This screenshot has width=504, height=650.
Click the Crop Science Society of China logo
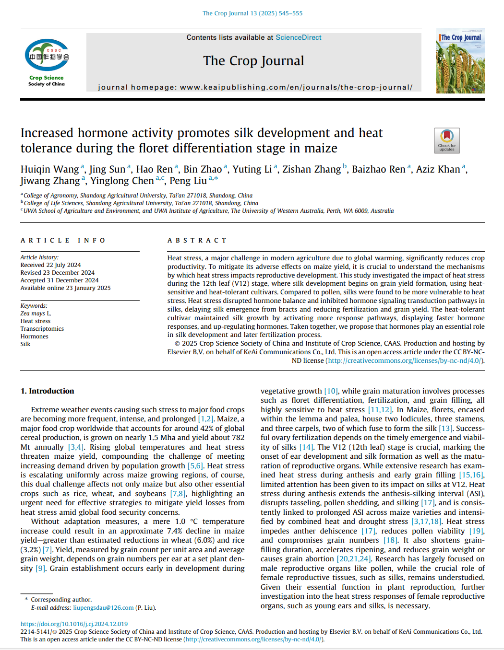[x=47, y=62]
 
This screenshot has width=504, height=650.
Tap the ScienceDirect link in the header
[x=298, y=37]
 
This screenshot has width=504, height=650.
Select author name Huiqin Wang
[x=49, y=169]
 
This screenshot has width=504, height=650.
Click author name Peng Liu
[x=188, y=181]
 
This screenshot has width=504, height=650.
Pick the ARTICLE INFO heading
[x=63, y=240]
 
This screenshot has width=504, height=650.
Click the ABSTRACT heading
[x=197, y=240]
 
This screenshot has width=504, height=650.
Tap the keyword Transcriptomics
[x=42, y=329]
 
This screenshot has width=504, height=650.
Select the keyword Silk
[x=25, y=344]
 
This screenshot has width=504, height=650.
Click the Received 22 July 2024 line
[x=50, y=265]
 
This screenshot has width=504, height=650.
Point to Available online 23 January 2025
[x=65, y=288]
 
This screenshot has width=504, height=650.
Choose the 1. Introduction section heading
[x=47, y=391]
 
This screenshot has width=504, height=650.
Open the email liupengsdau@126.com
[x=103, y=608]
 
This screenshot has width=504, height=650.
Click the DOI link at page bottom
[x=74, y=624]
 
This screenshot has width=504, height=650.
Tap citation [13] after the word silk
[x=445, y=429]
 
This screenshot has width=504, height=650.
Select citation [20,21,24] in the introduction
[x=353, y=559]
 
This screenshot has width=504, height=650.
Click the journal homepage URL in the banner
[x=296, y=87]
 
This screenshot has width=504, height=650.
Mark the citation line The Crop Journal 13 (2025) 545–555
[x=252, y=13]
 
